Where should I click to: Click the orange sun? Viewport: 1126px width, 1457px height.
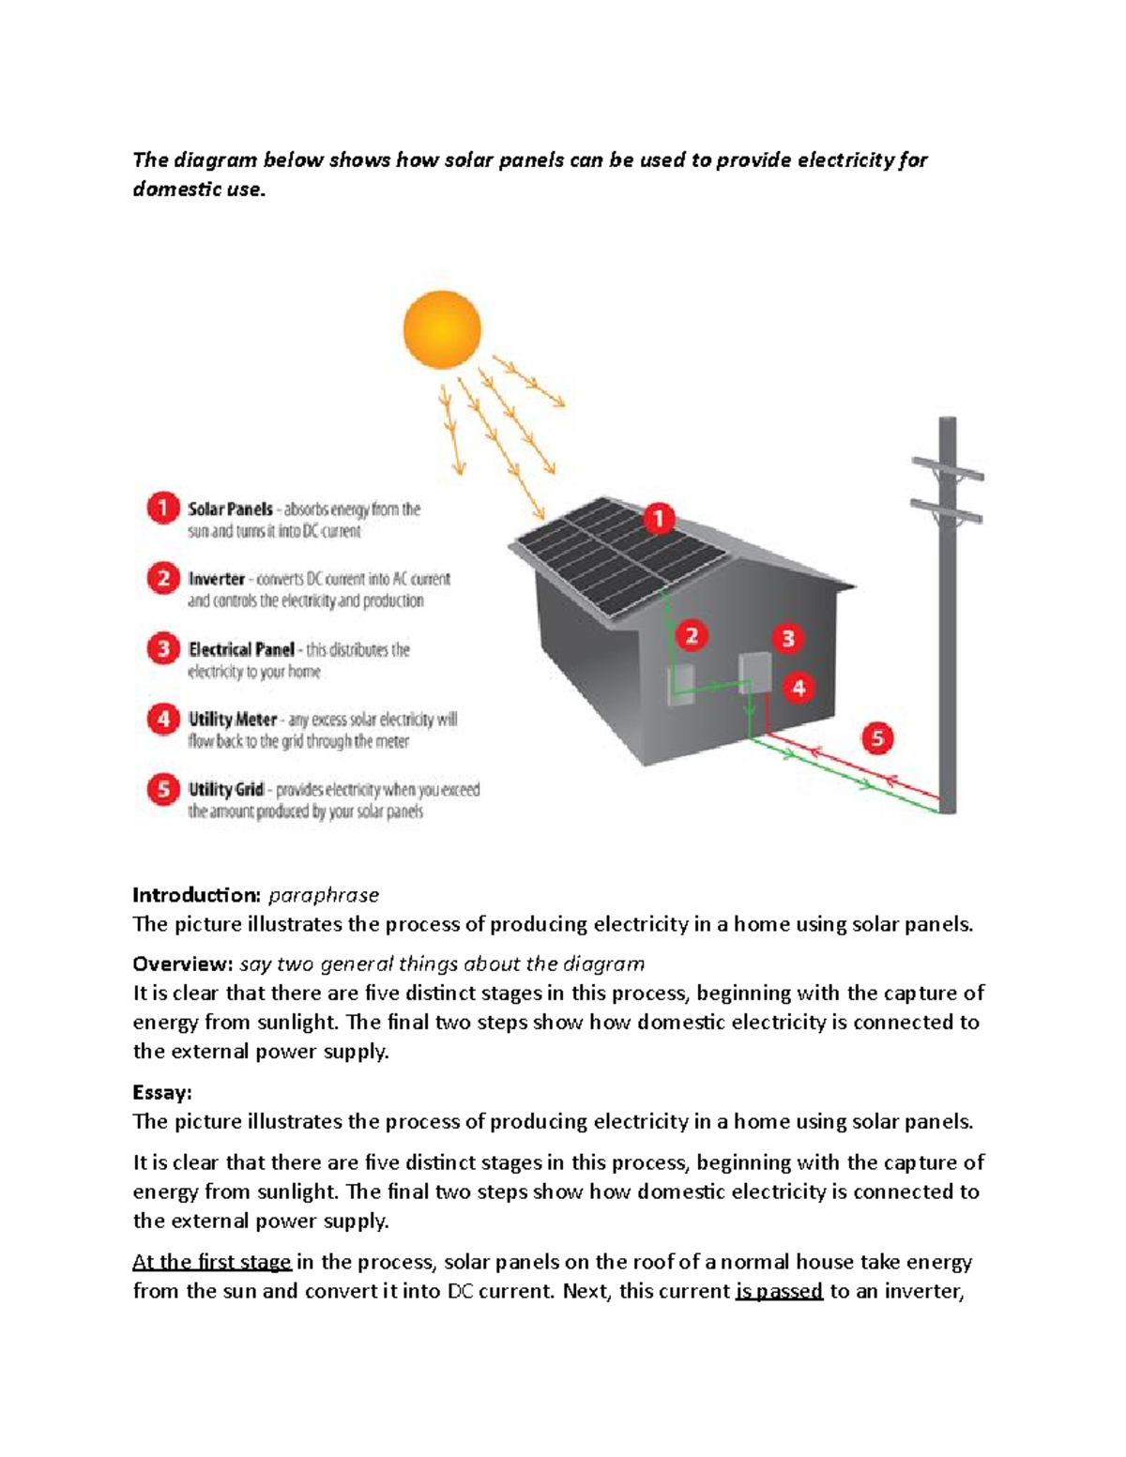[x=442, y=329]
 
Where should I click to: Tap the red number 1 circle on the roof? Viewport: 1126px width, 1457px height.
[x=659, y=518]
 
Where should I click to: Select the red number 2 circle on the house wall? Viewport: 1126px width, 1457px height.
[x=692, y=636]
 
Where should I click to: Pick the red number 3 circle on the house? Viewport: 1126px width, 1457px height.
[x=788, y=639]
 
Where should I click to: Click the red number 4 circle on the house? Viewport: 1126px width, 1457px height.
[x=799, y=688]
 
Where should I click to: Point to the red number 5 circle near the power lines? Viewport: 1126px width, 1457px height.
[x=877, y=738]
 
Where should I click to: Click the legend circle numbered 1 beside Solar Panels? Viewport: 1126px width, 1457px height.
[x=163, y=508]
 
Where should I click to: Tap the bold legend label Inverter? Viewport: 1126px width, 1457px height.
[x=216, y=579]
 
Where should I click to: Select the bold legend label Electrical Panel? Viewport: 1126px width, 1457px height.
[x=241, y=649]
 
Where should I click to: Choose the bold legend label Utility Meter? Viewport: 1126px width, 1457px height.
[x=233, y=720]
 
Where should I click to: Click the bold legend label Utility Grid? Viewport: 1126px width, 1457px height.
[x=226, y=789]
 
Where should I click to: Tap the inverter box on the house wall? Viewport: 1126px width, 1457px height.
[x=681, y=684]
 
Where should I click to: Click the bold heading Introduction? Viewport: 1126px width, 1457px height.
[x=196, y=894]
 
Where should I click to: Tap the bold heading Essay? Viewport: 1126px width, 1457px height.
[x=162, y=1092]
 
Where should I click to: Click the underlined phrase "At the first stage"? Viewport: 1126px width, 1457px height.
[x=212, y=1262]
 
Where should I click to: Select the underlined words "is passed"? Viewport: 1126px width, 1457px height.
[x=779, y=1291]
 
